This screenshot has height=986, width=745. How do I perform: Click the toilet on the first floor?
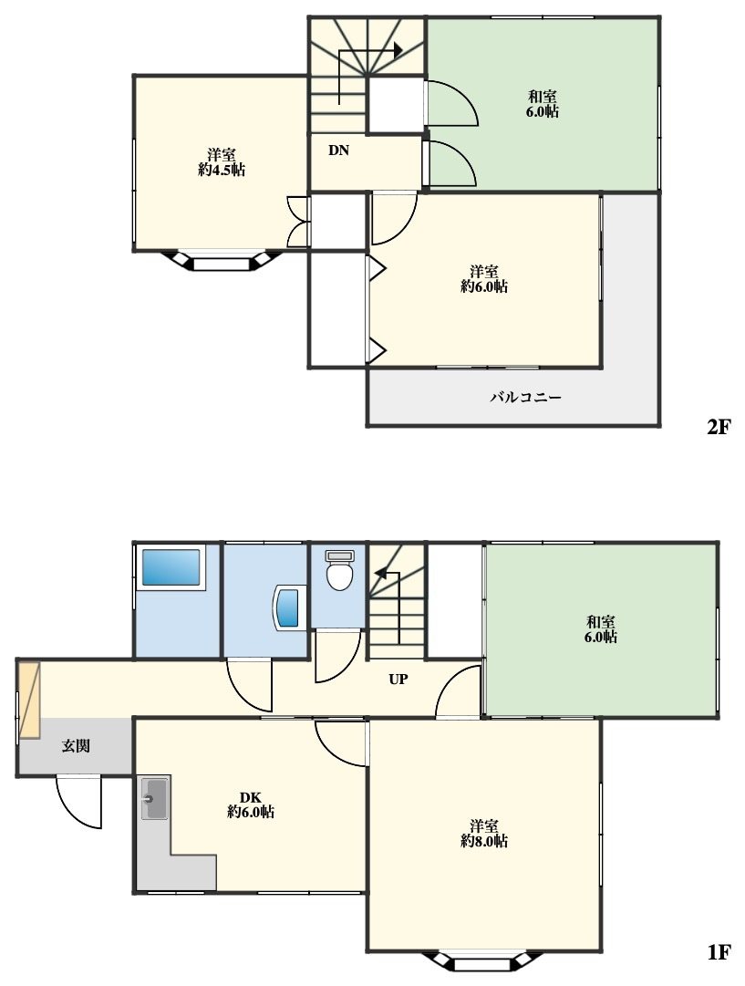pos(339,570)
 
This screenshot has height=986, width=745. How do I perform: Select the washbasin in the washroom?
pos(288,608)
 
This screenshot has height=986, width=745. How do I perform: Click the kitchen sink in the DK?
pos(154,798)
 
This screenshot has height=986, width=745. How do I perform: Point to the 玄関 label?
pos(76,746)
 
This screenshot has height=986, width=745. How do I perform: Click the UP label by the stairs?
pos(398,680)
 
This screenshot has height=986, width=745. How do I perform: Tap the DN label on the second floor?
pos(338,150)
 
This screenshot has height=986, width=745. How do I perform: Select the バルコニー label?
pos(525,398)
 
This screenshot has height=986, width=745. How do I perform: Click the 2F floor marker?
pos(719,427)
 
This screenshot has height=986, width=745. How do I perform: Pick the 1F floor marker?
pos(719,952)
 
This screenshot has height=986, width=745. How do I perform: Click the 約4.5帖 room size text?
pos(222,170)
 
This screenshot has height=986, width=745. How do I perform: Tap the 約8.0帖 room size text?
pos(484,841)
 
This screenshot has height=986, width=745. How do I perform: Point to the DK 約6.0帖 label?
pos(250,804)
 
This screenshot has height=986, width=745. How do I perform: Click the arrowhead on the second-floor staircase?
pos(398,50)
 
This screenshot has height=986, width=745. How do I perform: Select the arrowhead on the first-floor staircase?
pos(379,573)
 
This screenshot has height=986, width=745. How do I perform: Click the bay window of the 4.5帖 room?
pos(221,261)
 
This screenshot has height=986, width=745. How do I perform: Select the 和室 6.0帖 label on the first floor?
pos(601,629)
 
